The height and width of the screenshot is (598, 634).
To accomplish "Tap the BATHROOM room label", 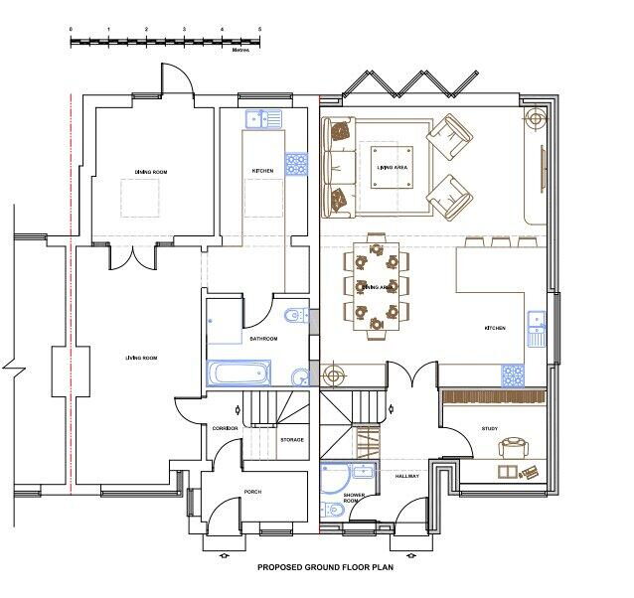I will pyautogui.click(x=263, y=339).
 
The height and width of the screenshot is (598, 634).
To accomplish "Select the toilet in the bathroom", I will pyautogui.click(x=291, y=317).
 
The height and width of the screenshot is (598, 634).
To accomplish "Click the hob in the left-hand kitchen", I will pyautogui.click(x=296, y=163).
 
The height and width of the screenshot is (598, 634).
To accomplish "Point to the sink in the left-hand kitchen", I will pyautogui.click(x=261, y=119).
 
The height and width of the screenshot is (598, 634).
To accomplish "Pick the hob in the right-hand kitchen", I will pyautogui.click(x=513, y=374).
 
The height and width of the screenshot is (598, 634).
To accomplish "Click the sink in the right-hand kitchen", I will pyautogui.click(x=537, y=327).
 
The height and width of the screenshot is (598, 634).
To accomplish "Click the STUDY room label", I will pyautogui.click(x=490, y=429).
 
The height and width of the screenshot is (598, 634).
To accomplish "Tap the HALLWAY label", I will pyautogui.click(x=407, y=477).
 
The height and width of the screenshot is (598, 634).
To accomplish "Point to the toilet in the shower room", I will pyautogui.click(x=336, y=510).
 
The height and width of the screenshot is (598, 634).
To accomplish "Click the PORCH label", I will pyautogui.click(x=252, y=492).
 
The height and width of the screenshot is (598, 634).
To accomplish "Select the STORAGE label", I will pyautogui.click(x=292, y=439).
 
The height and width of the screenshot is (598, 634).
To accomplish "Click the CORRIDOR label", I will pyautogui.click(x=225, y=429).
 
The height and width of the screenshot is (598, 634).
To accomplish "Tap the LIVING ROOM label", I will pyautogui.click(x=141, y=357).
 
